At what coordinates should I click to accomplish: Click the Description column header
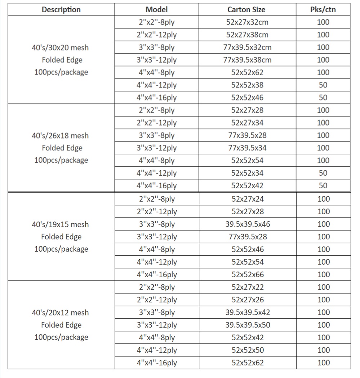pyautogui.click(x=61, y=9)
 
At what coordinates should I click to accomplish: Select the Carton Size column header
pyautogui.click(x=247, y=9)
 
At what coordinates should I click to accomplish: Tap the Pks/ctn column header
pyautogui.click(x=323, y=9)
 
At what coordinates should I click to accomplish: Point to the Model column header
pyautogui.click(x=156, y=9)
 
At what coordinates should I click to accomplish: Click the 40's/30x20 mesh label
pyautogui.click(x=60, y=48)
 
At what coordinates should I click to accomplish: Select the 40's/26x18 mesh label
pyautogui.click(x=60, y=136)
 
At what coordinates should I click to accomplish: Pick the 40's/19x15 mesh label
pyautogui.click(x=60, y=224)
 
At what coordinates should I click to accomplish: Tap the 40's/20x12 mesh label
pyautogui.click(x=60, y=312)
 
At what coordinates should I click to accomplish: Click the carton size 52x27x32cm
pyautogui.click(x=247, y=22)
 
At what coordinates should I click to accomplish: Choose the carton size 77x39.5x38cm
pyautogui.click(x=247, y=60)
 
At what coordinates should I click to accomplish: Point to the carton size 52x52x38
pyautogui.click(x=247, y=85)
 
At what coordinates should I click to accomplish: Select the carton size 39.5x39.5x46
pyautogui.click(x=248, y=224)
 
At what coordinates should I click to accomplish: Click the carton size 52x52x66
pyautogui.click(x=248, y=274)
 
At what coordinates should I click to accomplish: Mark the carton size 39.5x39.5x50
pyautogui.click(x=248, y=325)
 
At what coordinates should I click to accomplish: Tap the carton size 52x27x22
pyautogui.click(x=248, y=287)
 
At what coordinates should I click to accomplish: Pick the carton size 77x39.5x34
pyautogui.click(x=247, y=148)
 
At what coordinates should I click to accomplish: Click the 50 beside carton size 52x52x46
pyautogui.click(x=323, y=98)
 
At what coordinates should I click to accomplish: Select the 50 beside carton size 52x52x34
pyautogui.click(x=323, y=173)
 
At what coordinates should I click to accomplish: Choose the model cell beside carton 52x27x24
pyautogui.click(x=157, y=199)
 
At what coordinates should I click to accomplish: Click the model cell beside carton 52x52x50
pyautogui.click(x=157, y=350)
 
